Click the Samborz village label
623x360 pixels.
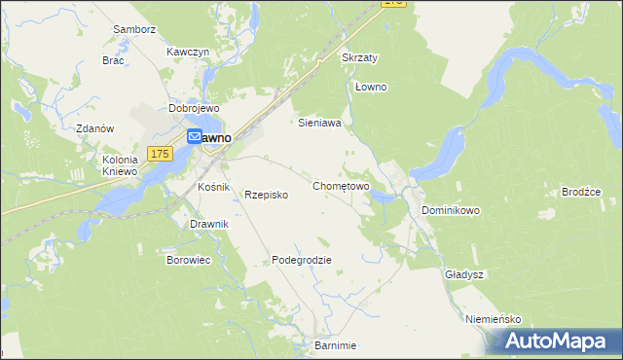click(134, 30)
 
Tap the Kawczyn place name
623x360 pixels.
click(188, 52)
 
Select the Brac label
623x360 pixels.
click(113, 59)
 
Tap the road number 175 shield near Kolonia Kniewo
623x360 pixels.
click(161, 154)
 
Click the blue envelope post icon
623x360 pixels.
click(194, 138)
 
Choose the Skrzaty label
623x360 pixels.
click(360, 57)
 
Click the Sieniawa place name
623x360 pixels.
click(318, 124)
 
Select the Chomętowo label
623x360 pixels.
click(341, 185)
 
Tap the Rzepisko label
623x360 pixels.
click(266, 195)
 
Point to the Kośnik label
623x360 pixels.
click(212, 186)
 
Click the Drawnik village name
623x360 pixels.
click(209, 224)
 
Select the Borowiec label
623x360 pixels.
click(189, 261)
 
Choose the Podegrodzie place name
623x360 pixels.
click(302, 260)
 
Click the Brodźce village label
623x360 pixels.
click(581, 192)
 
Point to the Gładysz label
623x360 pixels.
click(464, 274)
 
